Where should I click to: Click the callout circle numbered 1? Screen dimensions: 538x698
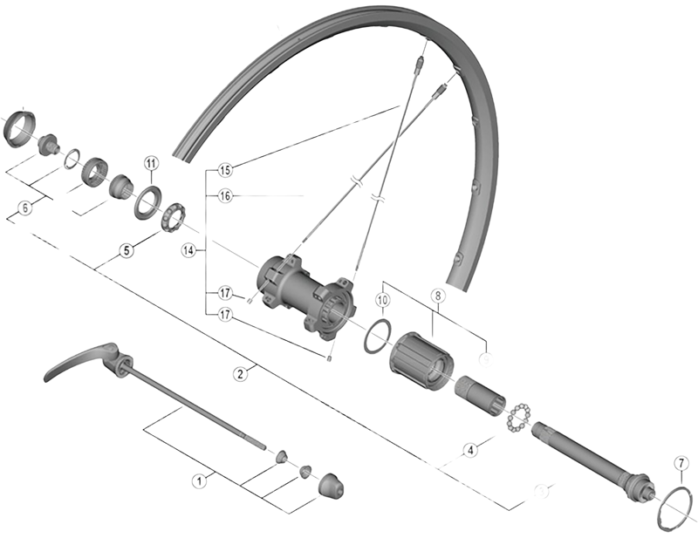(x=200, y=479)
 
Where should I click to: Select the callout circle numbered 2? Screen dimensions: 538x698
(x=239, y=373)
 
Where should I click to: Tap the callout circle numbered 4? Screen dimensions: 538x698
(x=470, y=451)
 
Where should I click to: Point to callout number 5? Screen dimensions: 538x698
(x=127, y=250)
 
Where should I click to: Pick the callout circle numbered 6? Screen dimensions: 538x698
(x=25, y=208)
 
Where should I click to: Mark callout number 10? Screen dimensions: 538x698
(x=381, y=300)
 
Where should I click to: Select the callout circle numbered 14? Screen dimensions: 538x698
(x=187, y=250)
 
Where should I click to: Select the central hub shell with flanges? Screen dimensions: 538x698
(x=306, y=293)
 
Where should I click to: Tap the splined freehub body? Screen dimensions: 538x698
(x=421, y=358)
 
